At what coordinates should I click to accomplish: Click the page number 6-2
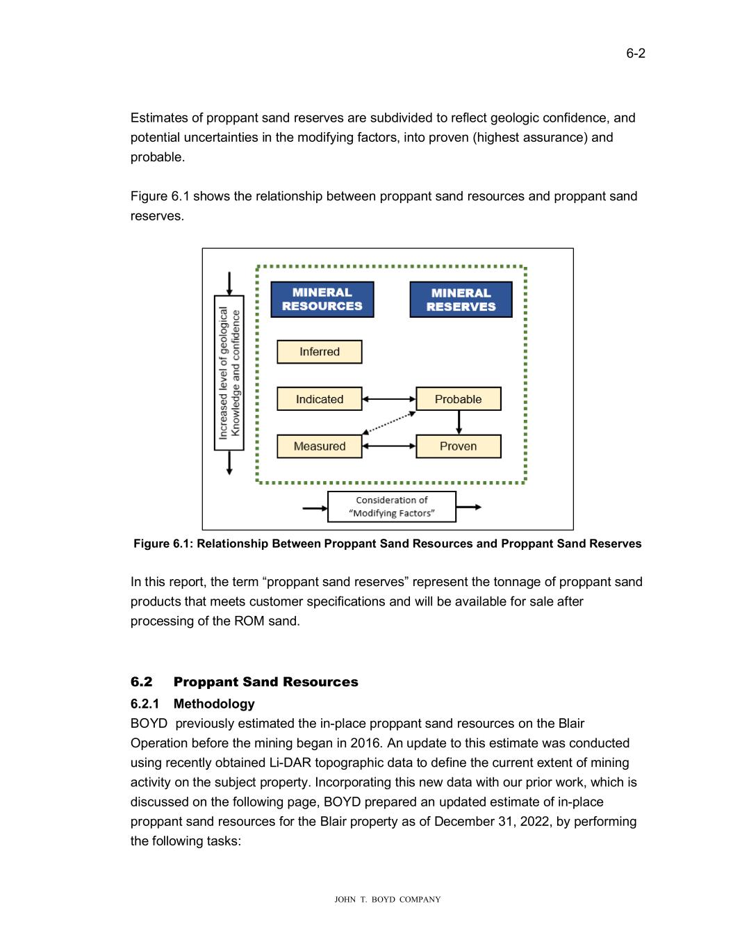pyautogui.click(x=635, y=54)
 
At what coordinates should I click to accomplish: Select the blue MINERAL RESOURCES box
pyautogui.click(x=322, y=300)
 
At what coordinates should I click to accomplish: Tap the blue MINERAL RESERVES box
pyautogui.click(x=461, y=300)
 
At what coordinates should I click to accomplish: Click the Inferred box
pyautogui.click(x=320, y=352)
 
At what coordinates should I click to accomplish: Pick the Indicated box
pyautogui.click(x=320, y=399)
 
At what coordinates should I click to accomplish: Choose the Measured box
pyautogui.click(x=320, y=446)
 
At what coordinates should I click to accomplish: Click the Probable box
pyautogui.click(x=458, y=399)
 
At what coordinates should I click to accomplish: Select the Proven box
pyautogui.click(x=458, y=446)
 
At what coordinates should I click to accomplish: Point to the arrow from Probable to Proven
pyautogui.click(x=459, y=423)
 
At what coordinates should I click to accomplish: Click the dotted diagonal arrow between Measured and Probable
pyautogui.click(x=389, y=423)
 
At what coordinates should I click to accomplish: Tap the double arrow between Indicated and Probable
pyautogui.click(x=389, y=399)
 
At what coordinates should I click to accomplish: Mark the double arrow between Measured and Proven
pyautogui.click(x=389, y=446)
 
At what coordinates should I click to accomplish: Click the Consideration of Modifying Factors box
pyautogui.click(x=392, y=507)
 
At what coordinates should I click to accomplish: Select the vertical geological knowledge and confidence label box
pyautogui.click(x=229, y=373)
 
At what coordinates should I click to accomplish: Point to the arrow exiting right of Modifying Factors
pyautogui.click(x=468, y=508)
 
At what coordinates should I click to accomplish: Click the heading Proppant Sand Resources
pyautogui.click(x=265, y=682)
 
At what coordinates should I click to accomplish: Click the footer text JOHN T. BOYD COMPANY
pyautogui.click(x=388, y=900)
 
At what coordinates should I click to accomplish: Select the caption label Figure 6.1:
pyautogui.click(x=163, y=544)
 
